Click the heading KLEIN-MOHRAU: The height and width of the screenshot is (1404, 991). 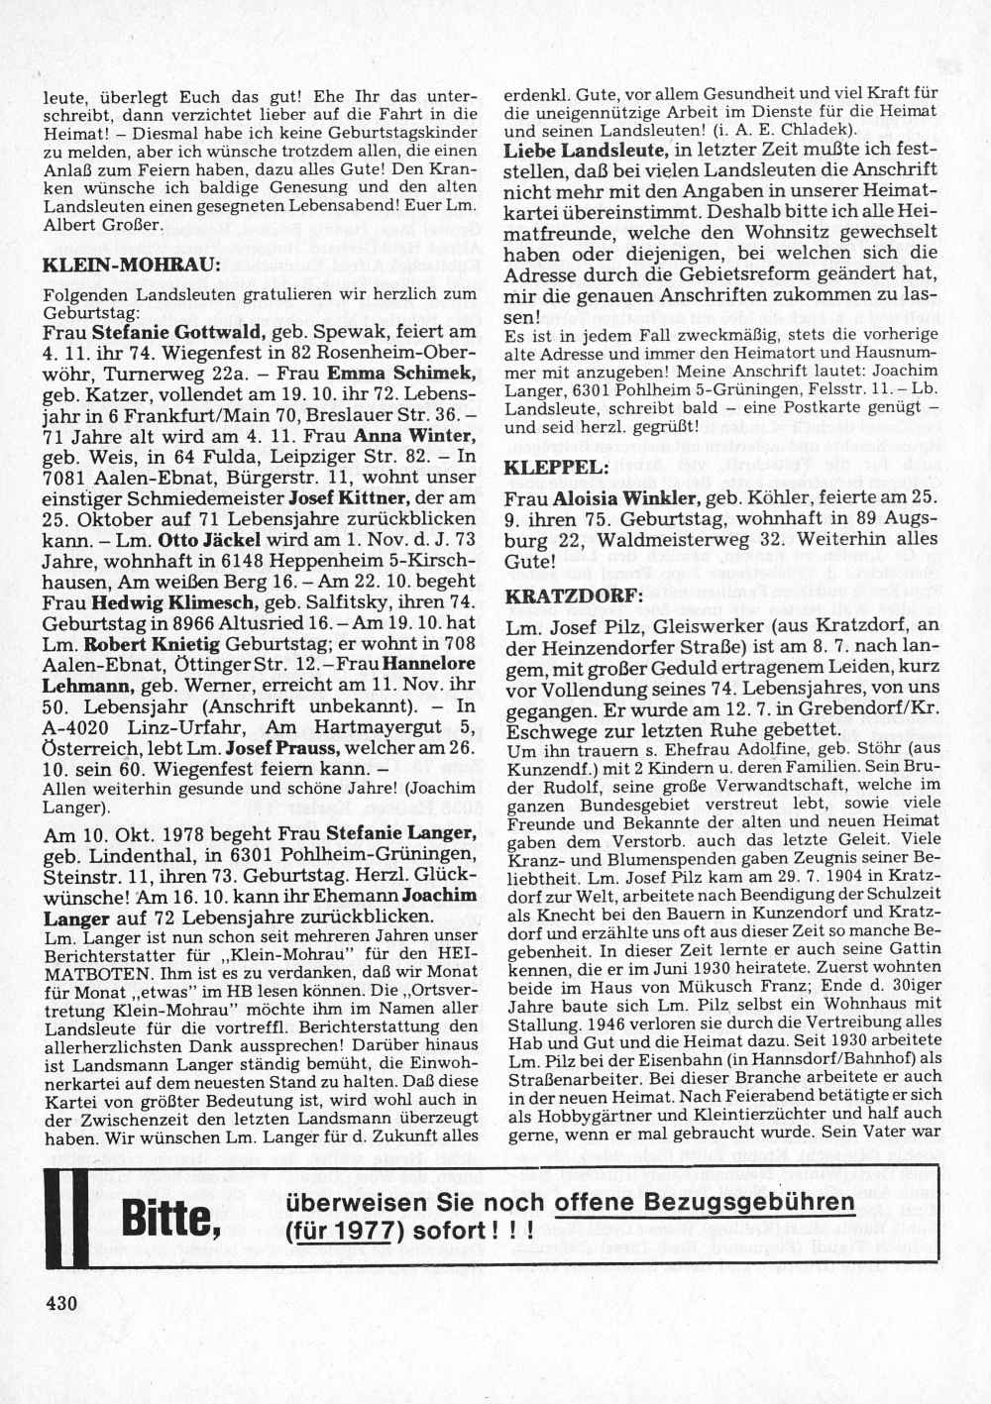tap(133, 266)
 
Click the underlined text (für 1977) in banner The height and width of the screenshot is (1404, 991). tap(338, 1231)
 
